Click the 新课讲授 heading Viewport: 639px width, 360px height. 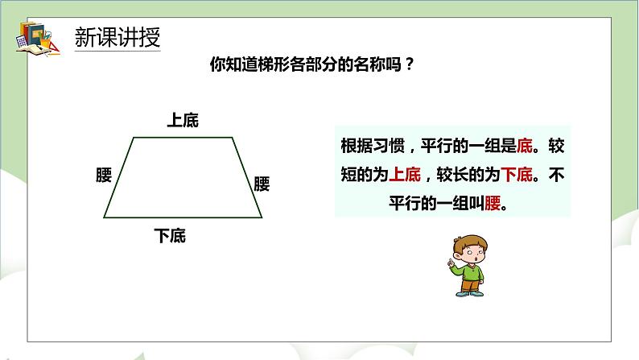coord(117,38)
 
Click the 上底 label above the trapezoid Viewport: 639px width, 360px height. coord(182,121)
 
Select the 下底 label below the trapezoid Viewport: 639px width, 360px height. coord(170,236)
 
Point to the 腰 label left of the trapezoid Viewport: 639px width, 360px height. coord(102,176)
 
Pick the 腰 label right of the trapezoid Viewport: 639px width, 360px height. coord(262,183)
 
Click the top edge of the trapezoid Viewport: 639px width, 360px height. coord(183,137)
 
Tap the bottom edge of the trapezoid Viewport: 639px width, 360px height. coord(183,217)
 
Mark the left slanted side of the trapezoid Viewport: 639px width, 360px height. coord(118,177)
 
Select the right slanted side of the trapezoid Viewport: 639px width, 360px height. coord(249,177)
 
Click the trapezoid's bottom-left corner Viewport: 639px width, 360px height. coord(105,217)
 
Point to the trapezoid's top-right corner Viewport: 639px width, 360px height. coord(235,137)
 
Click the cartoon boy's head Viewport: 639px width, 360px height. coord(468,249)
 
